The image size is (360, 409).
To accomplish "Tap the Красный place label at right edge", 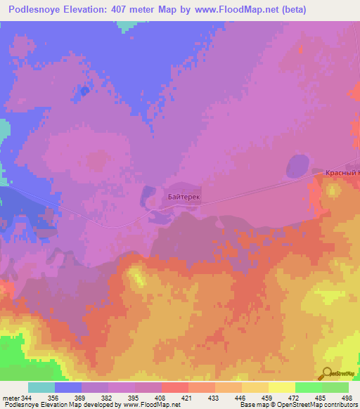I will pos(342,172).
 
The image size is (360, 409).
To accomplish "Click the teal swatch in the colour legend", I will pos(41,387).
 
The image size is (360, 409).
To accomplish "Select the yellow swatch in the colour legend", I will pos(281,387).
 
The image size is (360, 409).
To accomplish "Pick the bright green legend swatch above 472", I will pos(308,387).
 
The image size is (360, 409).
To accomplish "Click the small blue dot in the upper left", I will pos(84,91).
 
